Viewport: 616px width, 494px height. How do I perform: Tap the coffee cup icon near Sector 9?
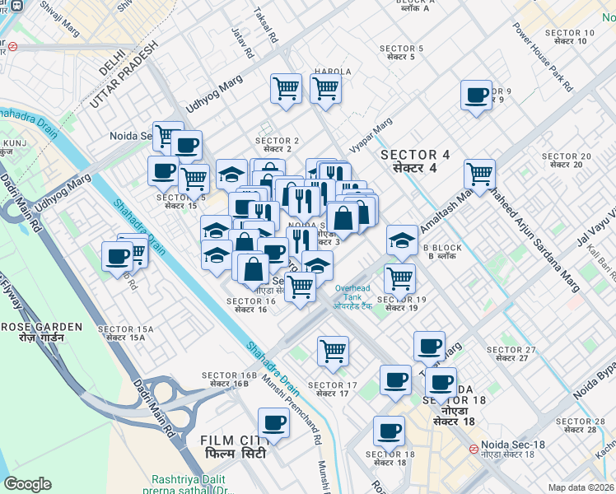click(476, 96)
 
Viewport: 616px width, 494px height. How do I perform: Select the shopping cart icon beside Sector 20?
click(479, 174)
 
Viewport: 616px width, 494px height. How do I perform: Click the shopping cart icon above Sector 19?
click(399, 278)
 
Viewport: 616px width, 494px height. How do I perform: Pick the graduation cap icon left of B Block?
click(402, 240)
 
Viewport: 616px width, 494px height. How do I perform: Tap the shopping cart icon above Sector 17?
click(333, 351)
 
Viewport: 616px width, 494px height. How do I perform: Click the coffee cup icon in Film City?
click(273, 423)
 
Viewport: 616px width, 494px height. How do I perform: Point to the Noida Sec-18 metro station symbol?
click(474, 450)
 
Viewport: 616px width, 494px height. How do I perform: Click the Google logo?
click(27, 484)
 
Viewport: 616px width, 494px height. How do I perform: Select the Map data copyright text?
click(581, 487)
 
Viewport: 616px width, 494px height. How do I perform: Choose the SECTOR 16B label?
click(225, 380)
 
